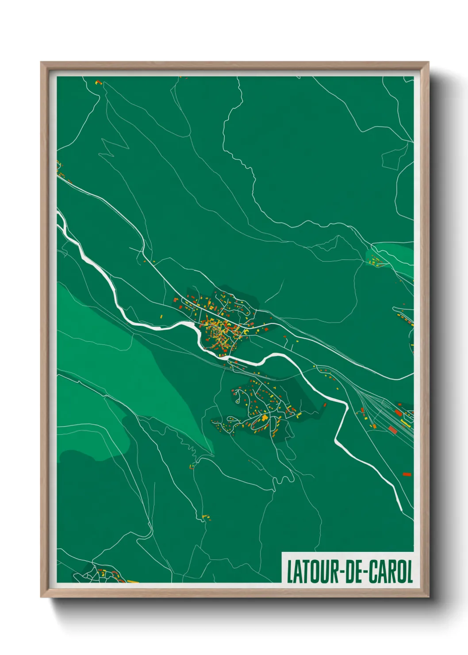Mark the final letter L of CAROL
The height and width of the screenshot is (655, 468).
409,571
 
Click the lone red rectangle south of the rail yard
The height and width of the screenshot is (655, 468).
407,474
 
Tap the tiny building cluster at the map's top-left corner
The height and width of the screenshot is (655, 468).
98,82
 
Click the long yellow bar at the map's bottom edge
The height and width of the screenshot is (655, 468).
132,581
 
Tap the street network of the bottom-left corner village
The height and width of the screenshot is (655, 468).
91,574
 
